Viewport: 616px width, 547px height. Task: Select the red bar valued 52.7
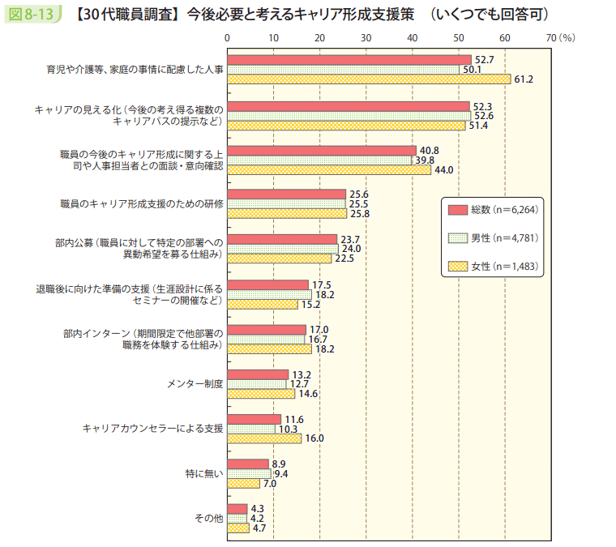tap(349, 60)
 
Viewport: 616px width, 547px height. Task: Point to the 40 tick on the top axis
tap(413, 38)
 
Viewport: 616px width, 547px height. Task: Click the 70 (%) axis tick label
tap(558, 38)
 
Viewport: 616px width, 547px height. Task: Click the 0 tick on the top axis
tap(228, 38)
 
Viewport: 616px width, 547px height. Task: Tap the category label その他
tap(208, 518)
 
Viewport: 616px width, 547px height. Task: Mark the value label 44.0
tap(444, 170)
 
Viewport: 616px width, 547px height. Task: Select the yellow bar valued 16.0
tap(264, 438)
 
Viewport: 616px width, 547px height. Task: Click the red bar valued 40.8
tap(321, 151)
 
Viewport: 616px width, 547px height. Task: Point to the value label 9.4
tap(281, 473)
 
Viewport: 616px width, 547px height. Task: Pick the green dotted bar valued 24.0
tap(282, 249)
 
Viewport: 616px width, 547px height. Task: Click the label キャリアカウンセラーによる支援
tap(152, 428)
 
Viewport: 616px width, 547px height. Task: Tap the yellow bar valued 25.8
tap(287, 214)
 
